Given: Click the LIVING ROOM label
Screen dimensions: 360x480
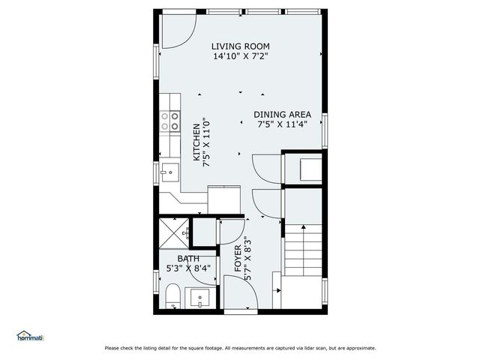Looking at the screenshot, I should click(240, 45).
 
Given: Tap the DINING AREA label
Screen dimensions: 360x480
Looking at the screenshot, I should click(282, 115).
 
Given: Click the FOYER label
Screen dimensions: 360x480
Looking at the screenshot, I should click(238, 257).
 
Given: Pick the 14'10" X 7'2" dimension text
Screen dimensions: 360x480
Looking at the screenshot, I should click(240, 55).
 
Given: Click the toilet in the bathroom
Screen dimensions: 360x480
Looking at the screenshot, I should click(171, 296).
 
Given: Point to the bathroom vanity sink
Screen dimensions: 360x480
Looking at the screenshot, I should click(200, 298).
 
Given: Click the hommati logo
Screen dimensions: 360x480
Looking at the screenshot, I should click(31, 337).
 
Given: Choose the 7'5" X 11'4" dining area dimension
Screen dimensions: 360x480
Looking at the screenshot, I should click(282, 124).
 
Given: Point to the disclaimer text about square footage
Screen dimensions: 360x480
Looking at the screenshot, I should click(240, 348).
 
